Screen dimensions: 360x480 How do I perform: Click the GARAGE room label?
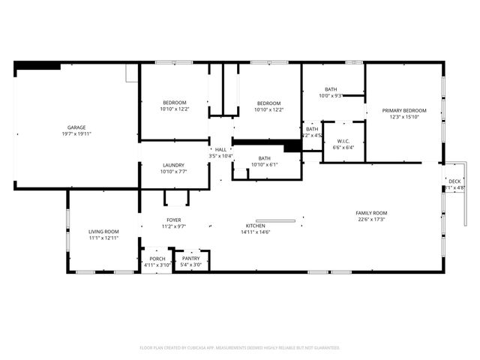tap(76, 127)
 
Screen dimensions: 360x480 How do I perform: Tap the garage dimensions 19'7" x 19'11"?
tap(76, 134)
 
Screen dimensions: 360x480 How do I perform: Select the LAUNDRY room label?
tap(174, 165)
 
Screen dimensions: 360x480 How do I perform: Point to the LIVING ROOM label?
tap(104, 232)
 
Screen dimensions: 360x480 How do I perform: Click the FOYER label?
tap(174, 220)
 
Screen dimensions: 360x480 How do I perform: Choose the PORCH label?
tap(157, 259)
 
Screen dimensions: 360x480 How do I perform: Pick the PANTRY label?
tap(192, 259)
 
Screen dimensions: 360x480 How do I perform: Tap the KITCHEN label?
tap(256, 226)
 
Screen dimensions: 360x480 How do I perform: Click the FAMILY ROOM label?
tap(371, 213)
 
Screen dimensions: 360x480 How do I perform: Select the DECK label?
tap(454, 181)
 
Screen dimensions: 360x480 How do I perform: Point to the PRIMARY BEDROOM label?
tap(404, 110)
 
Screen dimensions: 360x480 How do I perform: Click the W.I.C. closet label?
tap(343, 141)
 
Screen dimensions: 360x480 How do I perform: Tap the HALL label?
tap(220, 149)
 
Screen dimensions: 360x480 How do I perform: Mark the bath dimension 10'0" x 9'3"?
tap(331, 95)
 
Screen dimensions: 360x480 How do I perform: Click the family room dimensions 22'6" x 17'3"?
tap(371, 220)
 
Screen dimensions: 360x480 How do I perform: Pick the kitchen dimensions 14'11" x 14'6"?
tap(256, 232)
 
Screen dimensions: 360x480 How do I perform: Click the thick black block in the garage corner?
tap(37, 66)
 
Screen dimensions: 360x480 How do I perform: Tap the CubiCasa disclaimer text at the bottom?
tap(240, 348)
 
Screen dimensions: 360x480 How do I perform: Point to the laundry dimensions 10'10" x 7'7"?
tap(174, 171)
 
